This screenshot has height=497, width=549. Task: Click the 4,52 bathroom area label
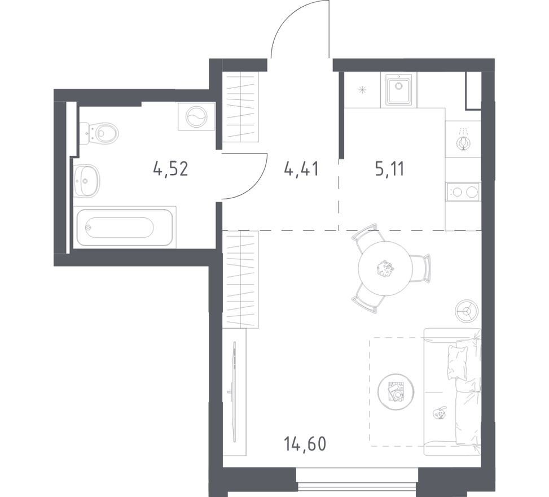point(171,169)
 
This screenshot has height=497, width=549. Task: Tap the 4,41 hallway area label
point(301,169)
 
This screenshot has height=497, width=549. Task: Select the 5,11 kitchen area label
point(389,169)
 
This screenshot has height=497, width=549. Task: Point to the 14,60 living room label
point(305,443)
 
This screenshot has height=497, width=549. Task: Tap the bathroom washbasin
point(87,181)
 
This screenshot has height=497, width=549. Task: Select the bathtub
point(125,228)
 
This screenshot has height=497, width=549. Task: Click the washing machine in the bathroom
point(196,117)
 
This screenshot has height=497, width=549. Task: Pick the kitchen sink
point(399,89)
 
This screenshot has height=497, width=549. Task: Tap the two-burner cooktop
point(463,191)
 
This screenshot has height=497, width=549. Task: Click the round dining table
point(385,268)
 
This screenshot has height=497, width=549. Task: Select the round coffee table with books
point(396,391)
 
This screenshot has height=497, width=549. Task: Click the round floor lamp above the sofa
point(467,310)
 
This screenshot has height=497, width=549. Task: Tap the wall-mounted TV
point(234,392)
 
